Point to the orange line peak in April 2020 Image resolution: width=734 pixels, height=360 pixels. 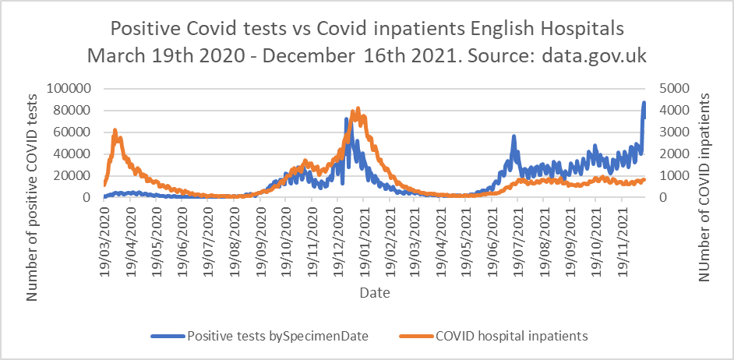click(115, 130)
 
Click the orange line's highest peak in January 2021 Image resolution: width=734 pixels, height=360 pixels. click(358, 108)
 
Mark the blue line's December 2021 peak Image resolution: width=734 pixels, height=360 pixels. click(644, 102)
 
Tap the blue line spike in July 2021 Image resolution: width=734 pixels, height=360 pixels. click(513, 136)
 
